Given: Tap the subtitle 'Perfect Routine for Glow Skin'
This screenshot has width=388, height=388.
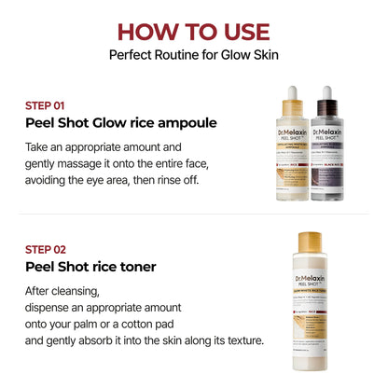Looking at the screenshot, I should coord(194,54).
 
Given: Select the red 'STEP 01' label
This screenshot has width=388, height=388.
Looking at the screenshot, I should coord(44,105).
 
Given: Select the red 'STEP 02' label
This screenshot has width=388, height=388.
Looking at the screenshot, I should coord(45,249).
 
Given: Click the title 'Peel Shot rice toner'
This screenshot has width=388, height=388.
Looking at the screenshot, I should coord(90,268).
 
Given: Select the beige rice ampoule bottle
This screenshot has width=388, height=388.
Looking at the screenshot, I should coord(292,159).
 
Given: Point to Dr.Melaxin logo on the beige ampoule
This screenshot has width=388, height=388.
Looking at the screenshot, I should coord(292,141).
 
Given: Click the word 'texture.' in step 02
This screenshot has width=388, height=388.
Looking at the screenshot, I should coord(242,340).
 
